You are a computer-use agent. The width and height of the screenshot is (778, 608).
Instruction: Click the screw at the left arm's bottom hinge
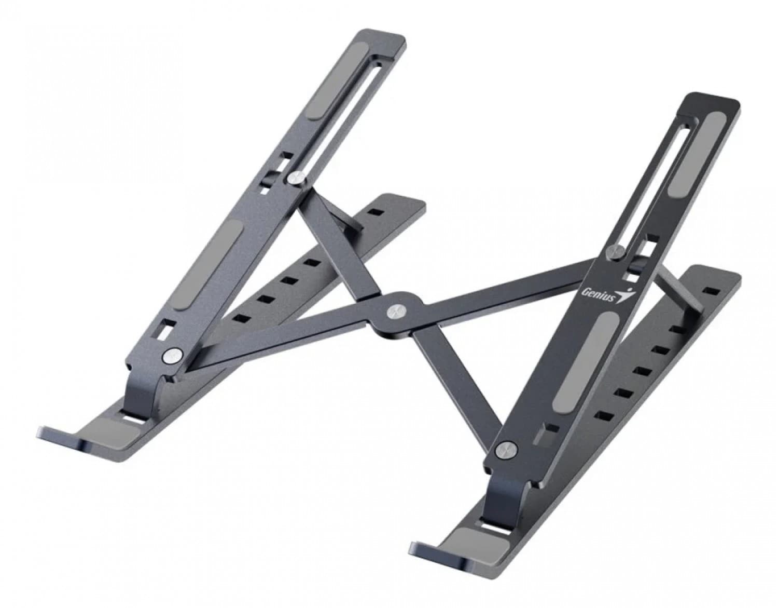(172, 356)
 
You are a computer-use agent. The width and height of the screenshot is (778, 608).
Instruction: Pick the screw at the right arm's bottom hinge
(505, 450)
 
